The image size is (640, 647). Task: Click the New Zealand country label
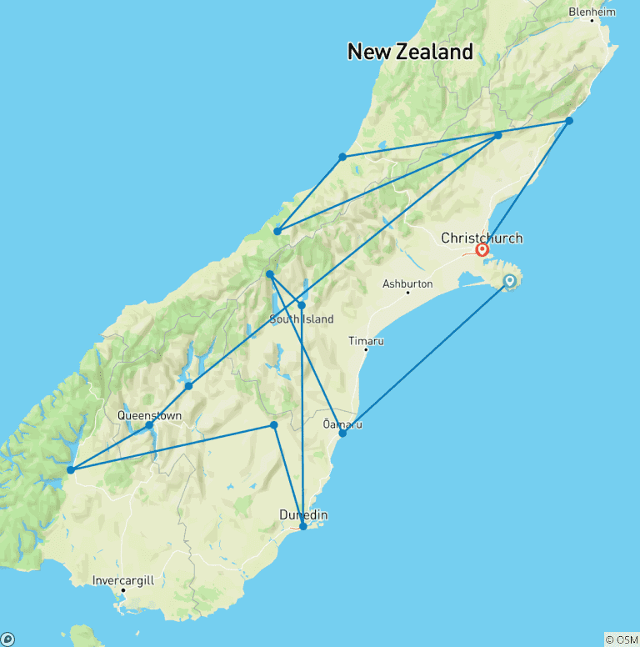(x=410, y=52)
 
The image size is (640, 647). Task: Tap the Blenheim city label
(x=592, y=12)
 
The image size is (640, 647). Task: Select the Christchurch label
(x=482, y=238)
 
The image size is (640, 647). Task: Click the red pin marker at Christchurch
(x=482, y=249)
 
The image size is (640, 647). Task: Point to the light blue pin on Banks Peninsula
(x=509, y=282)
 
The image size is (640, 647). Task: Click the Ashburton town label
(x=407, y=283)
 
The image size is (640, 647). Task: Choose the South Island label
(x=301, y=319)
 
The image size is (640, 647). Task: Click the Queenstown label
(x=149, y=414)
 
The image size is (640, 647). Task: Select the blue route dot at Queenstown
(x=149, y=425)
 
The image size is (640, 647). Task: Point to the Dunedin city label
(x=303, y=515)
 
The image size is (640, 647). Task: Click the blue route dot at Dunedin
(x=302, y=526)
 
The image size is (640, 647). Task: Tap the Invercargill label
(x=123, y=579)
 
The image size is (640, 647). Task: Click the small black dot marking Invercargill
(x=122, y=590)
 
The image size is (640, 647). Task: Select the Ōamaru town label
(x=342, y=424)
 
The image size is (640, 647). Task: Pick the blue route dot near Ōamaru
(x=342, y=433)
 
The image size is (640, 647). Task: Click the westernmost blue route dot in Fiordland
(x=71, y=470)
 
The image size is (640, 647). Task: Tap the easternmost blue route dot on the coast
(x=569, y=121)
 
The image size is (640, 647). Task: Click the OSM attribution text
(x=622, y=639)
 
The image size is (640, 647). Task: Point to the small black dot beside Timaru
(x=365, y=349)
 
